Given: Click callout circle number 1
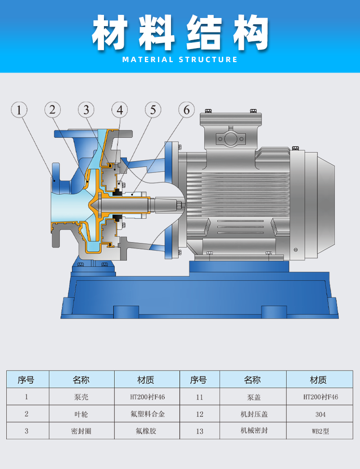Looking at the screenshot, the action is tap(19, 110).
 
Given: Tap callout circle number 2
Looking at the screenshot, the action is tap(53, 110).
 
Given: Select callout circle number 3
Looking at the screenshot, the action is tap(86, 110).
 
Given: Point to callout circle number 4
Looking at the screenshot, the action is tap(120, 110).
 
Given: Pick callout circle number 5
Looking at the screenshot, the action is tap(153, 110).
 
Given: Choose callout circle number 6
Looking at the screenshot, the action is tap(187, 110).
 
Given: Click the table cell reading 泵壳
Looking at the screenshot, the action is tap(81, 397).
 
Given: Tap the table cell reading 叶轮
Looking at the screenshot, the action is tap(81, 414).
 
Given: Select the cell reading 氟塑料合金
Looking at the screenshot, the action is tap(148, 414).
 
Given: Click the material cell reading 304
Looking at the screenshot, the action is tap(320, 414).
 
